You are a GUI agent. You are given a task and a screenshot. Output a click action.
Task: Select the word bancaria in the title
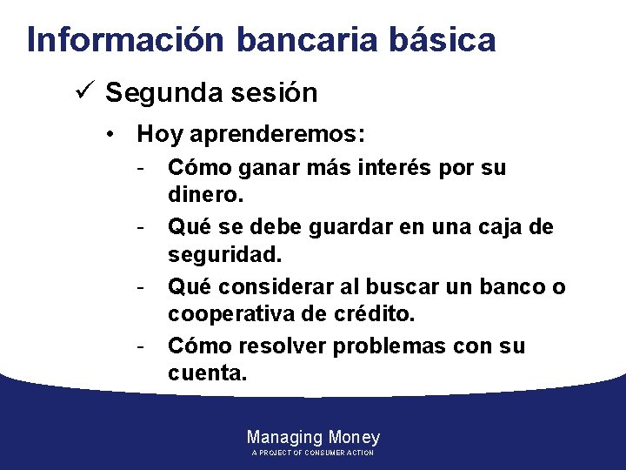pos(303,40)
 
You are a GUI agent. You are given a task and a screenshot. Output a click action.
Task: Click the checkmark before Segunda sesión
pos(85,92)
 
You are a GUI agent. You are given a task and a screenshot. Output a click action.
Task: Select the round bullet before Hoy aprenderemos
pos(110,136)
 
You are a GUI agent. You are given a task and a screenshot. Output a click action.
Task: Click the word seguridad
pos(225,257)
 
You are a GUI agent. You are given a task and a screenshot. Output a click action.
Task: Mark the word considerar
pos(270,286)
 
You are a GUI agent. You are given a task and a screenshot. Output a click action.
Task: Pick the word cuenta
pos(207,375)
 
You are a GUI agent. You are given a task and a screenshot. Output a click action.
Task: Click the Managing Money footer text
pos(313,437)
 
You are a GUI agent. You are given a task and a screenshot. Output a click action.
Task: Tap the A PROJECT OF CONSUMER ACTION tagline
pos(313,453)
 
